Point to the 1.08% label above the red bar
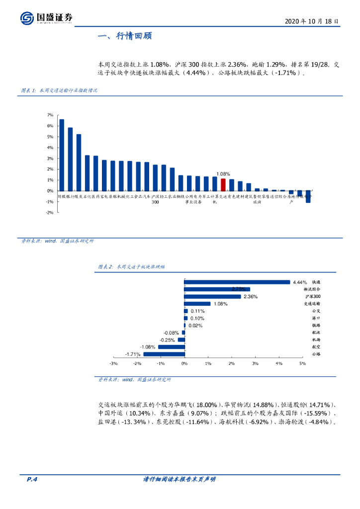coord(223,174)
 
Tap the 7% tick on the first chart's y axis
coord(50,115)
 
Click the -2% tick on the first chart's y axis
coord(50,212)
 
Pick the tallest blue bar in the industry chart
coord(62,155)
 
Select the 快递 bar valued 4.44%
coord(237,282)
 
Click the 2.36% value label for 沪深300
coord(250,297)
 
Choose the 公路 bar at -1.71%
coord(164,354)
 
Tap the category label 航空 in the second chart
coord(316,347)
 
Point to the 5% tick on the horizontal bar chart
coord(302,363)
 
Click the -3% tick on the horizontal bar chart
coord(113,363)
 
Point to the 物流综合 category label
coord(312,289)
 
